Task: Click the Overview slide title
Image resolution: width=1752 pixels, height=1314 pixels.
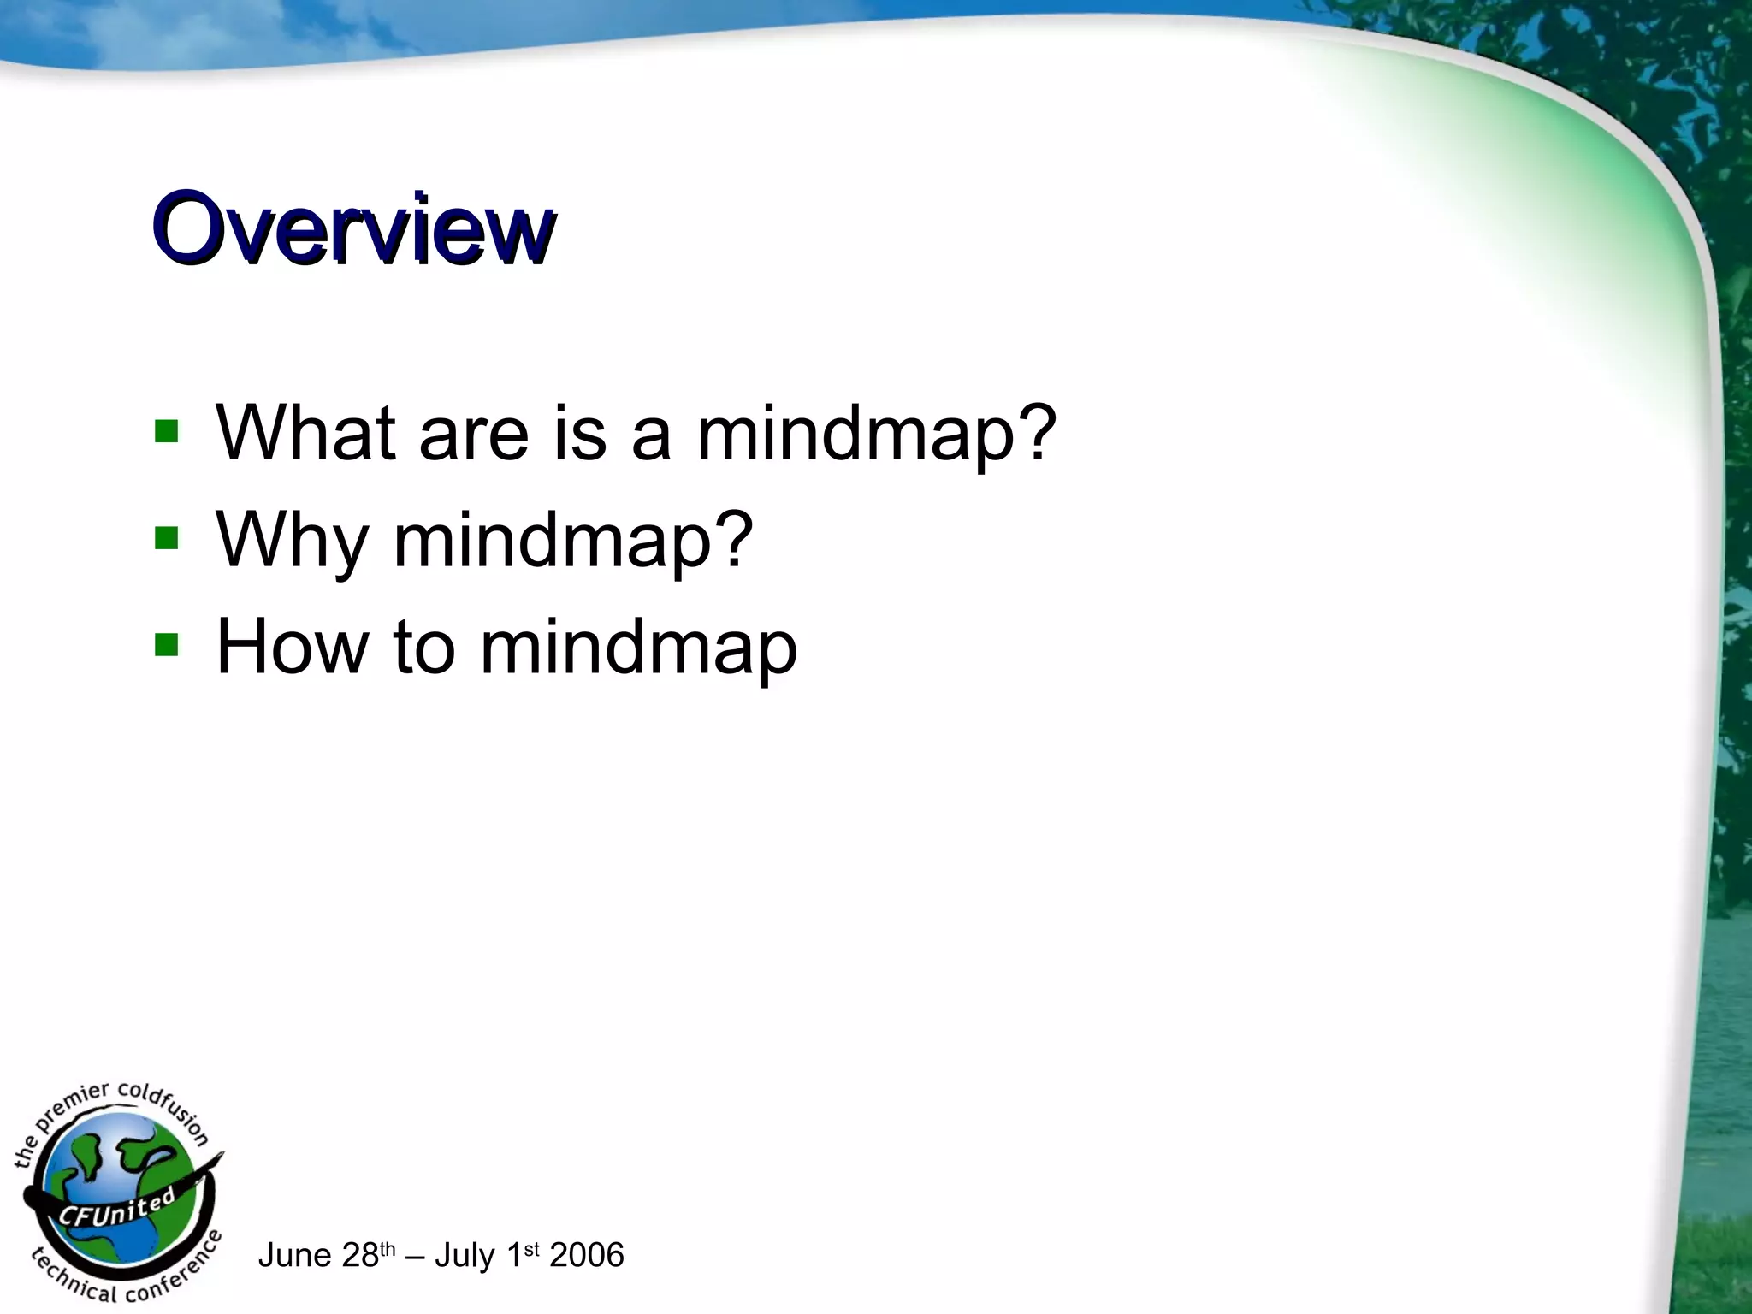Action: click(353, 229)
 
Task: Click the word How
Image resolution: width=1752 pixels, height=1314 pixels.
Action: click(292, 647)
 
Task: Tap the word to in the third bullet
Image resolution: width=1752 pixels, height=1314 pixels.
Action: click(424, 648)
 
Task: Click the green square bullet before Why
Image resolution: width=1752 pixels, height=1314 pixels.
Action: click(166, 538)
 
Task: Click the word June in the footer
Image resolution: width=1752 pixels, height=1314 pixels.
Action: click(294, 1256)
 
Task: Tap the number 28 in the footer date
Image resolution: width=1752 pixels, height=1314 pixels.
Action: click(359, 1256)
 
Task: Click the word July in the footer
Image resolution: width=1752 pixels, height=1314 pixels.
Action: click(465, 1256)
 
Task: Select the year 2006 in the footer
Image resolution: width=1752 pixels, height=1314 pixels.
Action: click(587, 1256)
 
